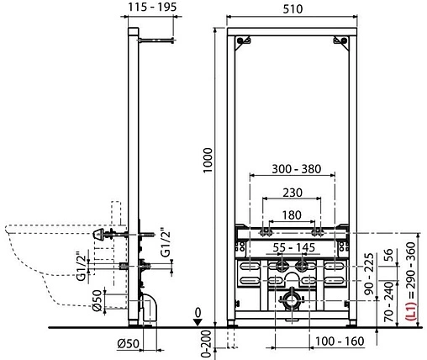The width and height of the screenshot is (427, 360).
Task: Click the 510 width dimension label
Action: tap(293, 9)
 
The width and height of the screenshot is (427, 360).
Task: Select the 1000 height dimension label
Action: tap(208, 161)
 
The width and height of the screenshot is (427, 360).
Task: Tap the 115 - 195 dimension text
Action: tap(152, 7)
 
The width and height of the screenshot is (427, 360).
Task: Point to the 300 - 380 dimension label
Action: tap(297, 169)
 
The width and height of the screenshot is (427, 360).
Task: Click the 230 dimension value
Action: tap(293, 193)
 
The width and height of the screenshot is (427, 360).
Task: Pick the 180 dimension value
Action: tap(292, 215)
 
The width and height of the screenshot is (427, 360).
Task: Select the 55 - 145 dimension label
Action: tap(294, 247)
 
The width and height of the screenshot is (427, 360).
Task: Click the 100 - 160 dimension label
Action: tap(340, 341)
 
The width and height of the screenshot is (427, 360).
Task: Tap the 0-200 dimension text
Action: tap(207, 343)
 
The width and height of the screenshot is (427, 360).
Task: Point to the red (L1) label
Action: tap(411, 311)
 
